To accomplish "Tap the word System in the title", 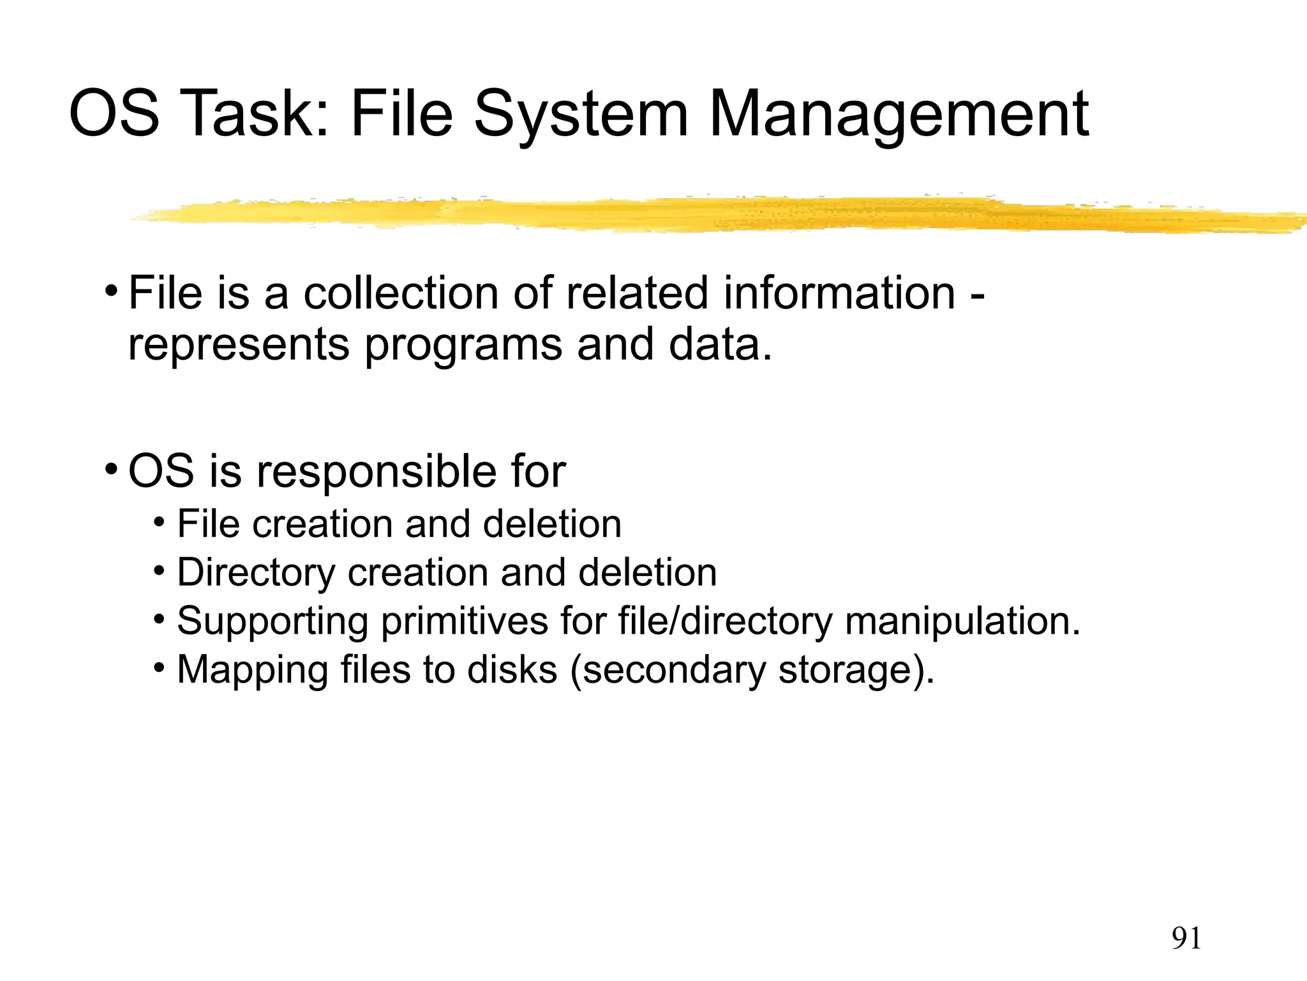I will (x=581, y=115).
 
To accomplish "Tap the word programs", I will (x=463, y=346).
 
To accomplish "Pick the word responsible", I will (x=377, y=472).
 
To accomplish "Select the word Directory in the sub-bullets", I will (x=256, y=572).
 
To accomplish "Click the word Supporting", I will (x=273, y=621).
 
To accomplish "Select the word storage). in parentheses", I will (x=856, y=670).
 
